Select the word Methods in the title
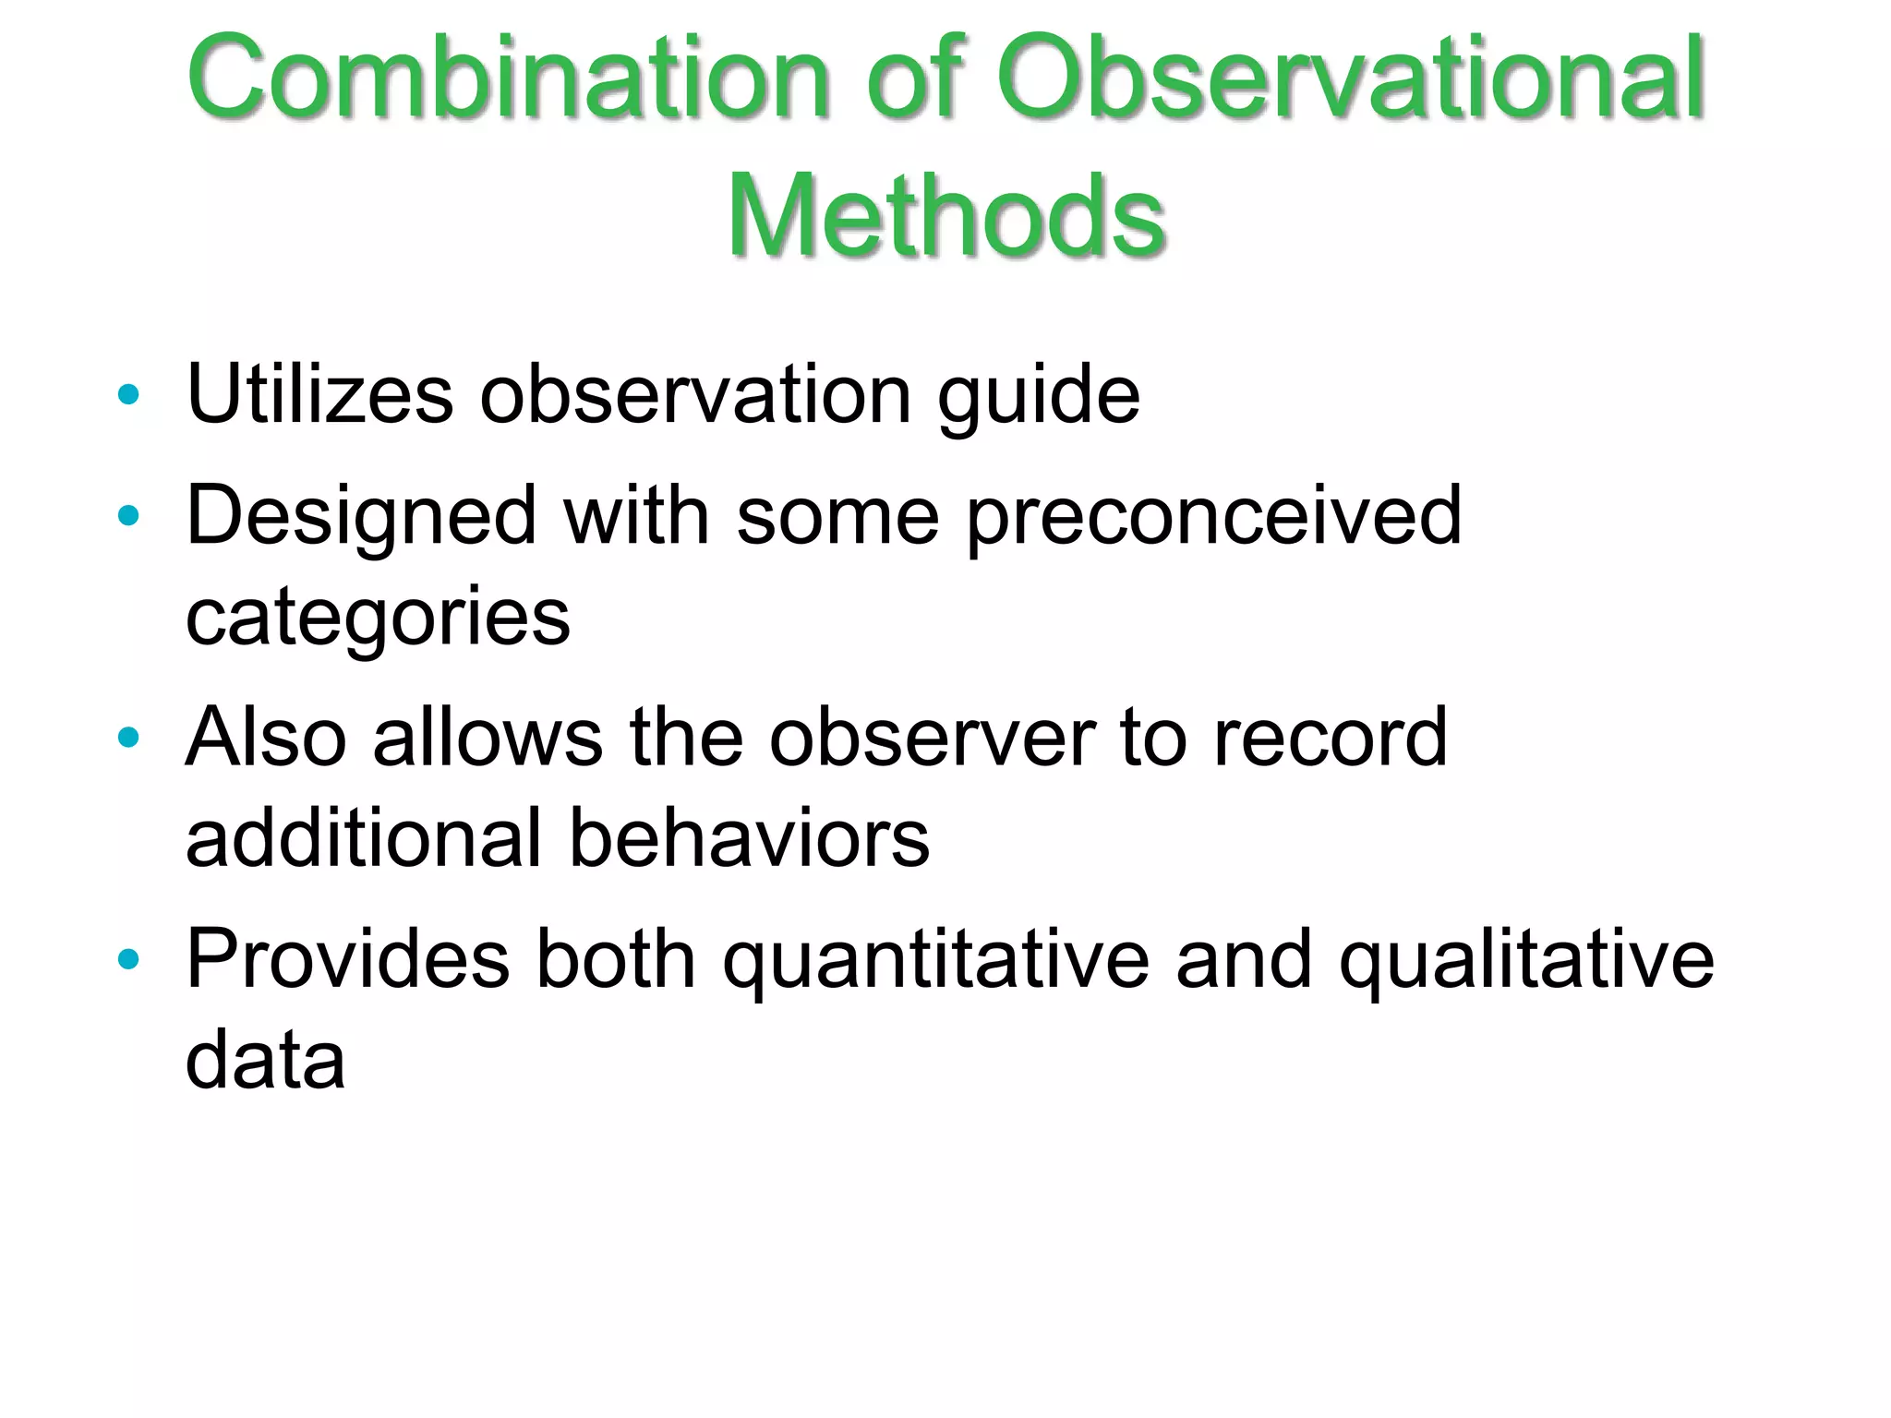point(945,218)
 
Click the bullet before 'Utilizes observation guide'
point(128,395)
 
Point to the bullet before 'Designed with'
point(128,515)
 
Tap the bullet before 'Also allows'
point(128,737)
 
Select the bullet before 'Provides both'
point(128,959)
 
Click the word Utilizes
point(319,395)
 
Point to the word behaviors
point(749,838)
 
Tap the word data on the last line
point(265,1060)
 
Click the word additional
point(364,838)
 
